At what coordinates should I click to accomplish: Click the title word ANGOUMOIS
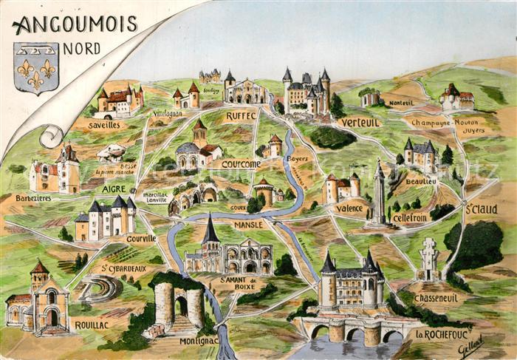[75, 24]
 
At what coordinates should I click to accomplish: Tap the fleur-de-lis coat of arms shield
[36, 68]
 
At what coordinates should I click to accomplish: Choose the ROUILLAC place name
[92, 324]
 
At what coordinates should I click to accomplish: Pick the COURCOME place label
[241, 163]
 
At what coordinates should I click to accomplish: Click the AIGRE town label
[114, 189]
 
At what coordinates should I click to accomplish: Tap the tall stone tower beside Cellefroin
[379, 194]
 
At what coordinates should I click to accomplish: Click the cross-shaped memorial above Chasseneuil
[429, 259]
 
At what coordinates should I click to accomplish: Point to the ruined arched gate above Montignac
[178, 305]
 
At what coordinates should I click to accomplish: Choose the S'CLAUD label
[481, 209]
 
